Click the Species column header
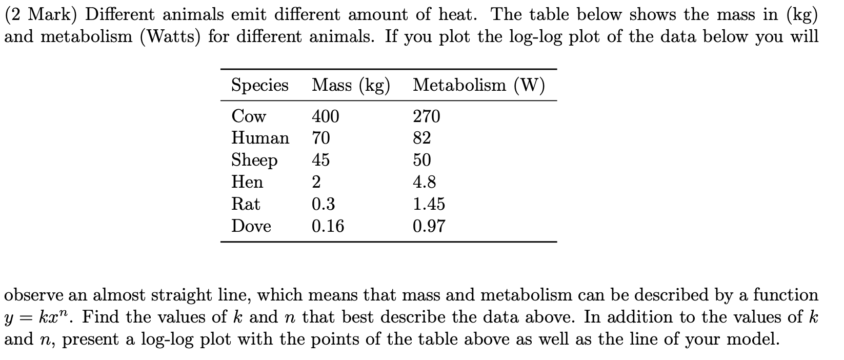point(259,85)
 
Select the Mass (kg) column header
point(351,85)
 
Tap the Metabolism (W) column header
point(478,85)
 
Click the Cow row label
point(249,116)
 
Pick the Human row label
point(260,138)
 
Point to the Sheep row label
point(254,161)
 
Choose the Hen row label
point(247,182)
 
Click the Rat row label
point(246,204)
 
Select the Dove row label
point(251,226)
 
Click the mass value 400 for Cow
point(326,116)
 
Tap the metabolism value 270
point(427,116)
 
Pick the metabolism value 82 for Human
point(422,138)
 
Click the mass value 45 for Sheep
point(321,160)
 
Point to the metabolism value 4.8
point(425,182)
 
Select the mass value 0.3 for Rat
point(324,204)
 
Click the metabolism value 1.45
point(429,204)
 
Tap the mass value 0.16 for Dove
point(328,226)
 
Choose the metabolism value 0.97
point(429,226)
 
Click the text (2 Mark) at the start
point(42,15)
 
